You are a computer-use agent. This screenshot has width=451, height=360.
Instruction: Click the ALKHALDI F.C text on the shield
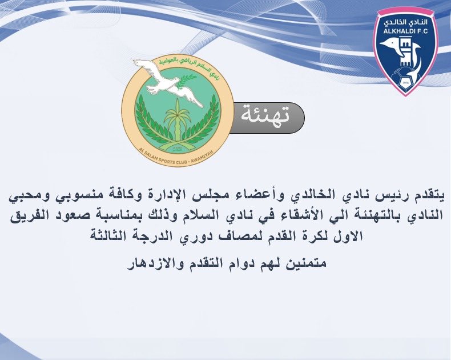pos(406,32)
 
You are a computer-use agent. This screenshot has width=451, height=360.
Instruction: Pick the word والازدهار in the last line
pos(158,265)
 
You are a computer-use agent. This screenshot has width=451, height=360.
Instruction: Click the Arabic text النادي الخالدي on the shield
pos(405,22)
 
